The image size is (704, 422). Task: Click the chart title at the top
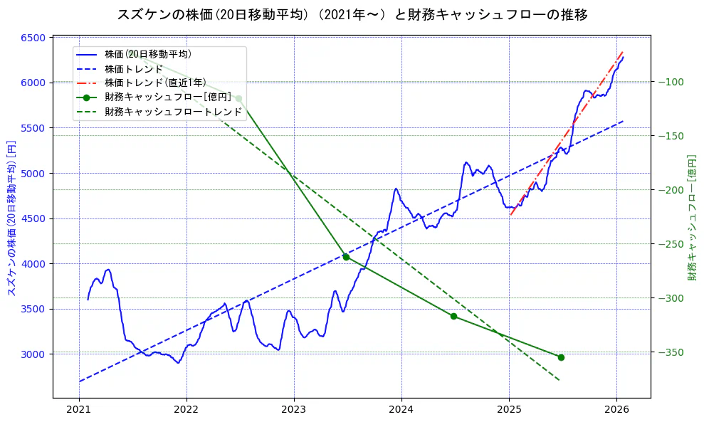[352, 14]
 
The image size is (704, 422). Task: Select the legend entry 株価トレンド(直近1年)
[155, 83]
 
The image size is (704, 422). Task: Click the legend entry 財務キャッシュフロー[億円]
[164, 97]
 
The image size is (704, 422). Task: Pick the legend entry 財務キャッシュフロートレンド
[173, 112]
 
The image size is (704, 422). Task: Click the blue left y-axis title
[11, 218]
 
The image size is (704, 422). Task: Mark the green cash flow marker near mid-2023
[346, 257]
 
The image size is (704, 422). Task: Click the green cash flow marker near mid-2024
[453, 316]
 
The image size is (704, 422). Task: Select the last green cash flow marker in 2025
[561, 357]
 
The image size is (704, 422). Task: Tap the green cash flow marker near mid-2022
[238, 98]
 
